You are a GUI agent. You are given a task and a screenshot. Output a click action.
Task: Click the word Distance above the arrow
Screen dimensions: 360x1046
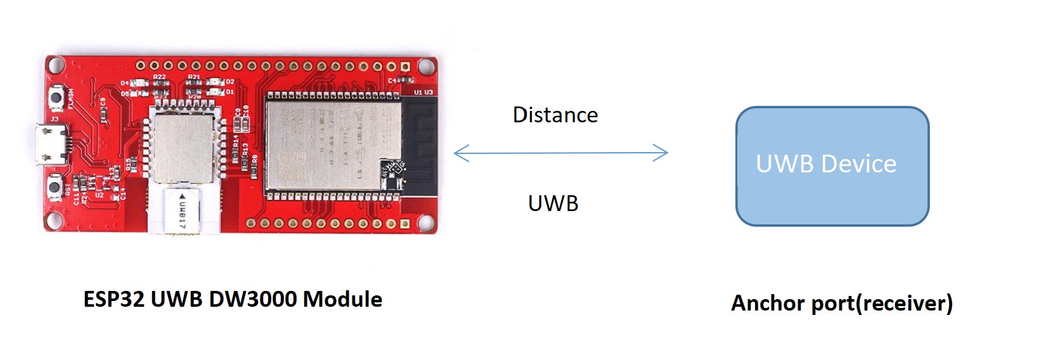click(x=555, y=115)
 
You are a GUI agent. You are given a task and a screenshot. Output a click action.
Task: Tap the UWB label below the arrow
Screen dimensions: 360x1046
click(x=553, y=203)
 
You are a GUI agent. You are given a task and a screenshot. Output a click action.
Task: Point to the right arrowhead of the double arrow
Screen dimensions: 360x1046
click(x=664, y=153)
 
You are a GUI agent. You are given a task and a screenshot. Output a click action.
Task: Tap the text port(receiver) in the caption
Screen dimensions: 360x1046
click(x=882, y=303)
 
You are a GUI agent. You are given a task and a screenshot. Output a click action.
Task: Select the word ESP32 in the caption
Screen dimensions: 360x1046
click(x=115, y=299)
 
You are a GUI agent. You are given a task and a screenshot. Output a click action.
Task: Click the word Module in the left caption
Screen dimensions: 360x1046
click(x=342, y=299)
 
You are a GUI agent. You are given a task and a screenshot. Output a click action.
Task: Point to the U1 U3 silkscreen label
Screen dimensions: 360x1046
click(x=423, y=93)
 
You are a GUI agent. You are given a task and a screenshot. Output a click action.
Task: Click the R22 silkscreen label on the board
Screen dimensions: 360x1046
click(x=159, y=77)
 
